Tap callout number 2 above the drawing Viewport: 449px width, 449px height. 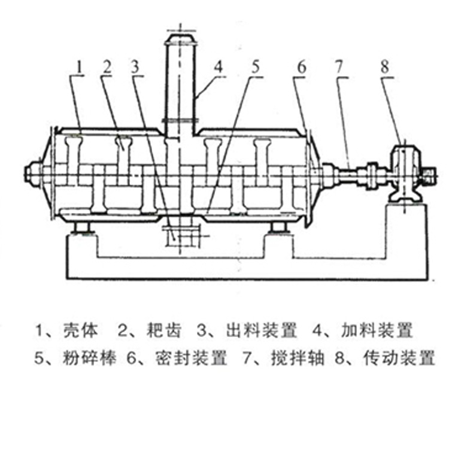[107, 66]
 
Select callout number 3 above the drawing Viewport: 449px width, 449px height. [136, 66]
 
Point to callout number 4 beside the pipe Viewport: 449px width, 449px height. [218, 67]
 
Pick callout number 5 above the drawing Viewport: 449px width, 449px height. [256, 66]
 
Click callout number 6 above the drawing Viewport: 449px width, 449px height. [301, 66]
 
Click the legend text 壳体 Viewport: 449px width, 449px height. [75, 330]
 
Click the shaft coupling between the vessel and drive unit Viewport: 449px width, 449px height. [372, 175]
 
